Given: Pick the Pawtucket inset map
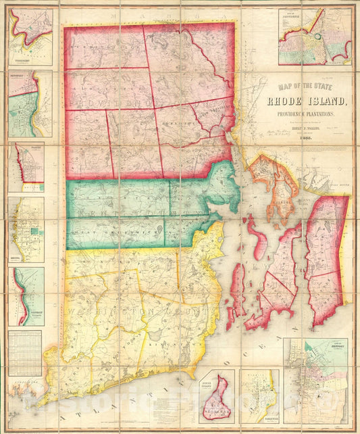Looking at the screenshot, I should [30, 103].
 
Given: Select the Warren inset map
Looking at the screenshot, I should [30, 166].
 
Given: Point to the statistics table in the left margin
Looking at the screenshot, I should [25, 352].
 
